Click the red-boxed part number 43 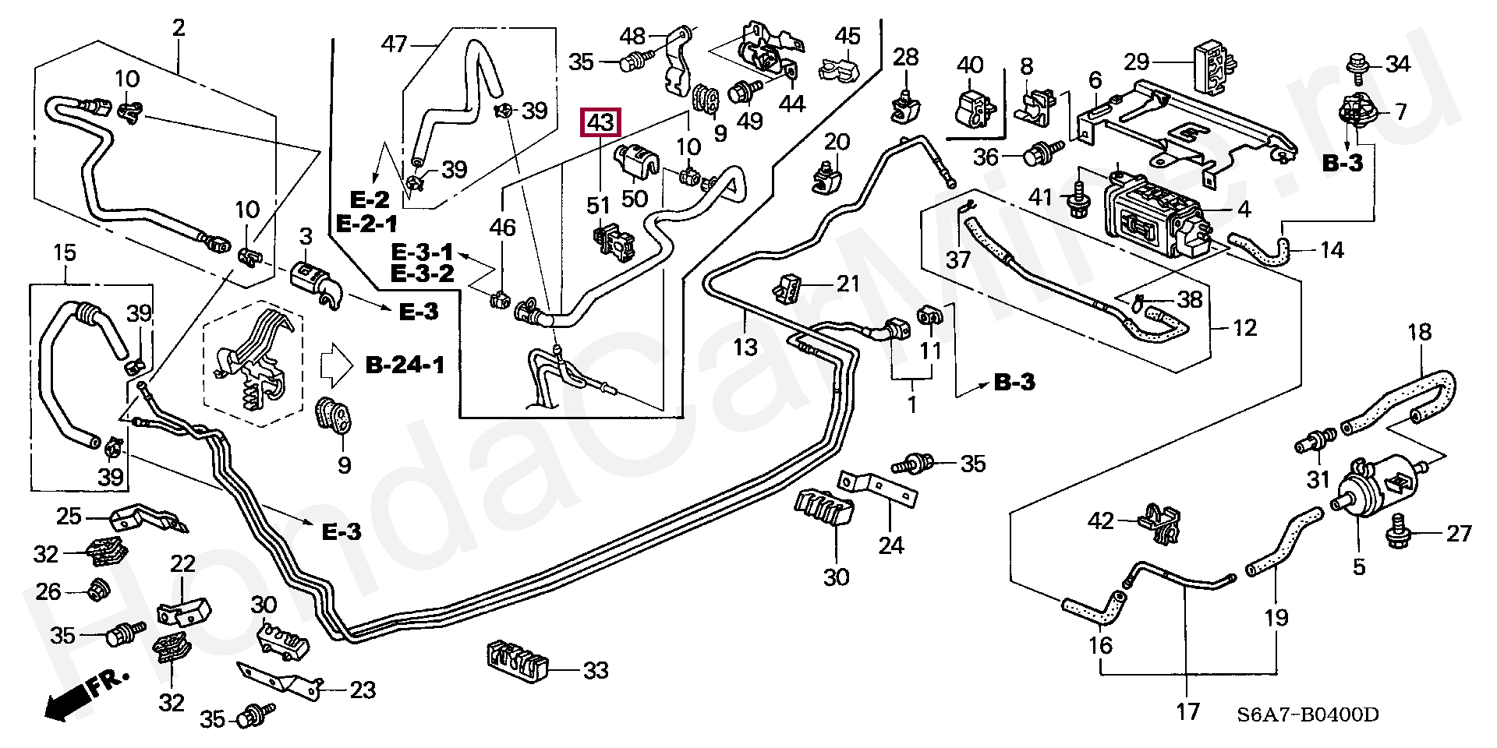tap(600, 123)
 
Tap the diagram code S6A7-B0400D tap(1312, 714)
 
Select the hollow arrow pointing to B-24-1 tap(337, 365)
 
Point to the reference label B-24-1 tap(405, 365)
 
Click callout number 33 tap(596, 669)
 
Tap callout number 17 tap(1187, 711)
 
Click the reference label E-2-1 tap(366, 224)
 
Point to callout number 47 tap(395, 44)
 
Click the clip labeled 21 tap(789, 289)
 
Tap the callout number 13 tap(746, 346)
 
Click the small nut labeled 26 tap(98, 591)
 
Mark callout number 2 tap(179, 28)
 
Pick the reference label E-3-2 tap(422, 273)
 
